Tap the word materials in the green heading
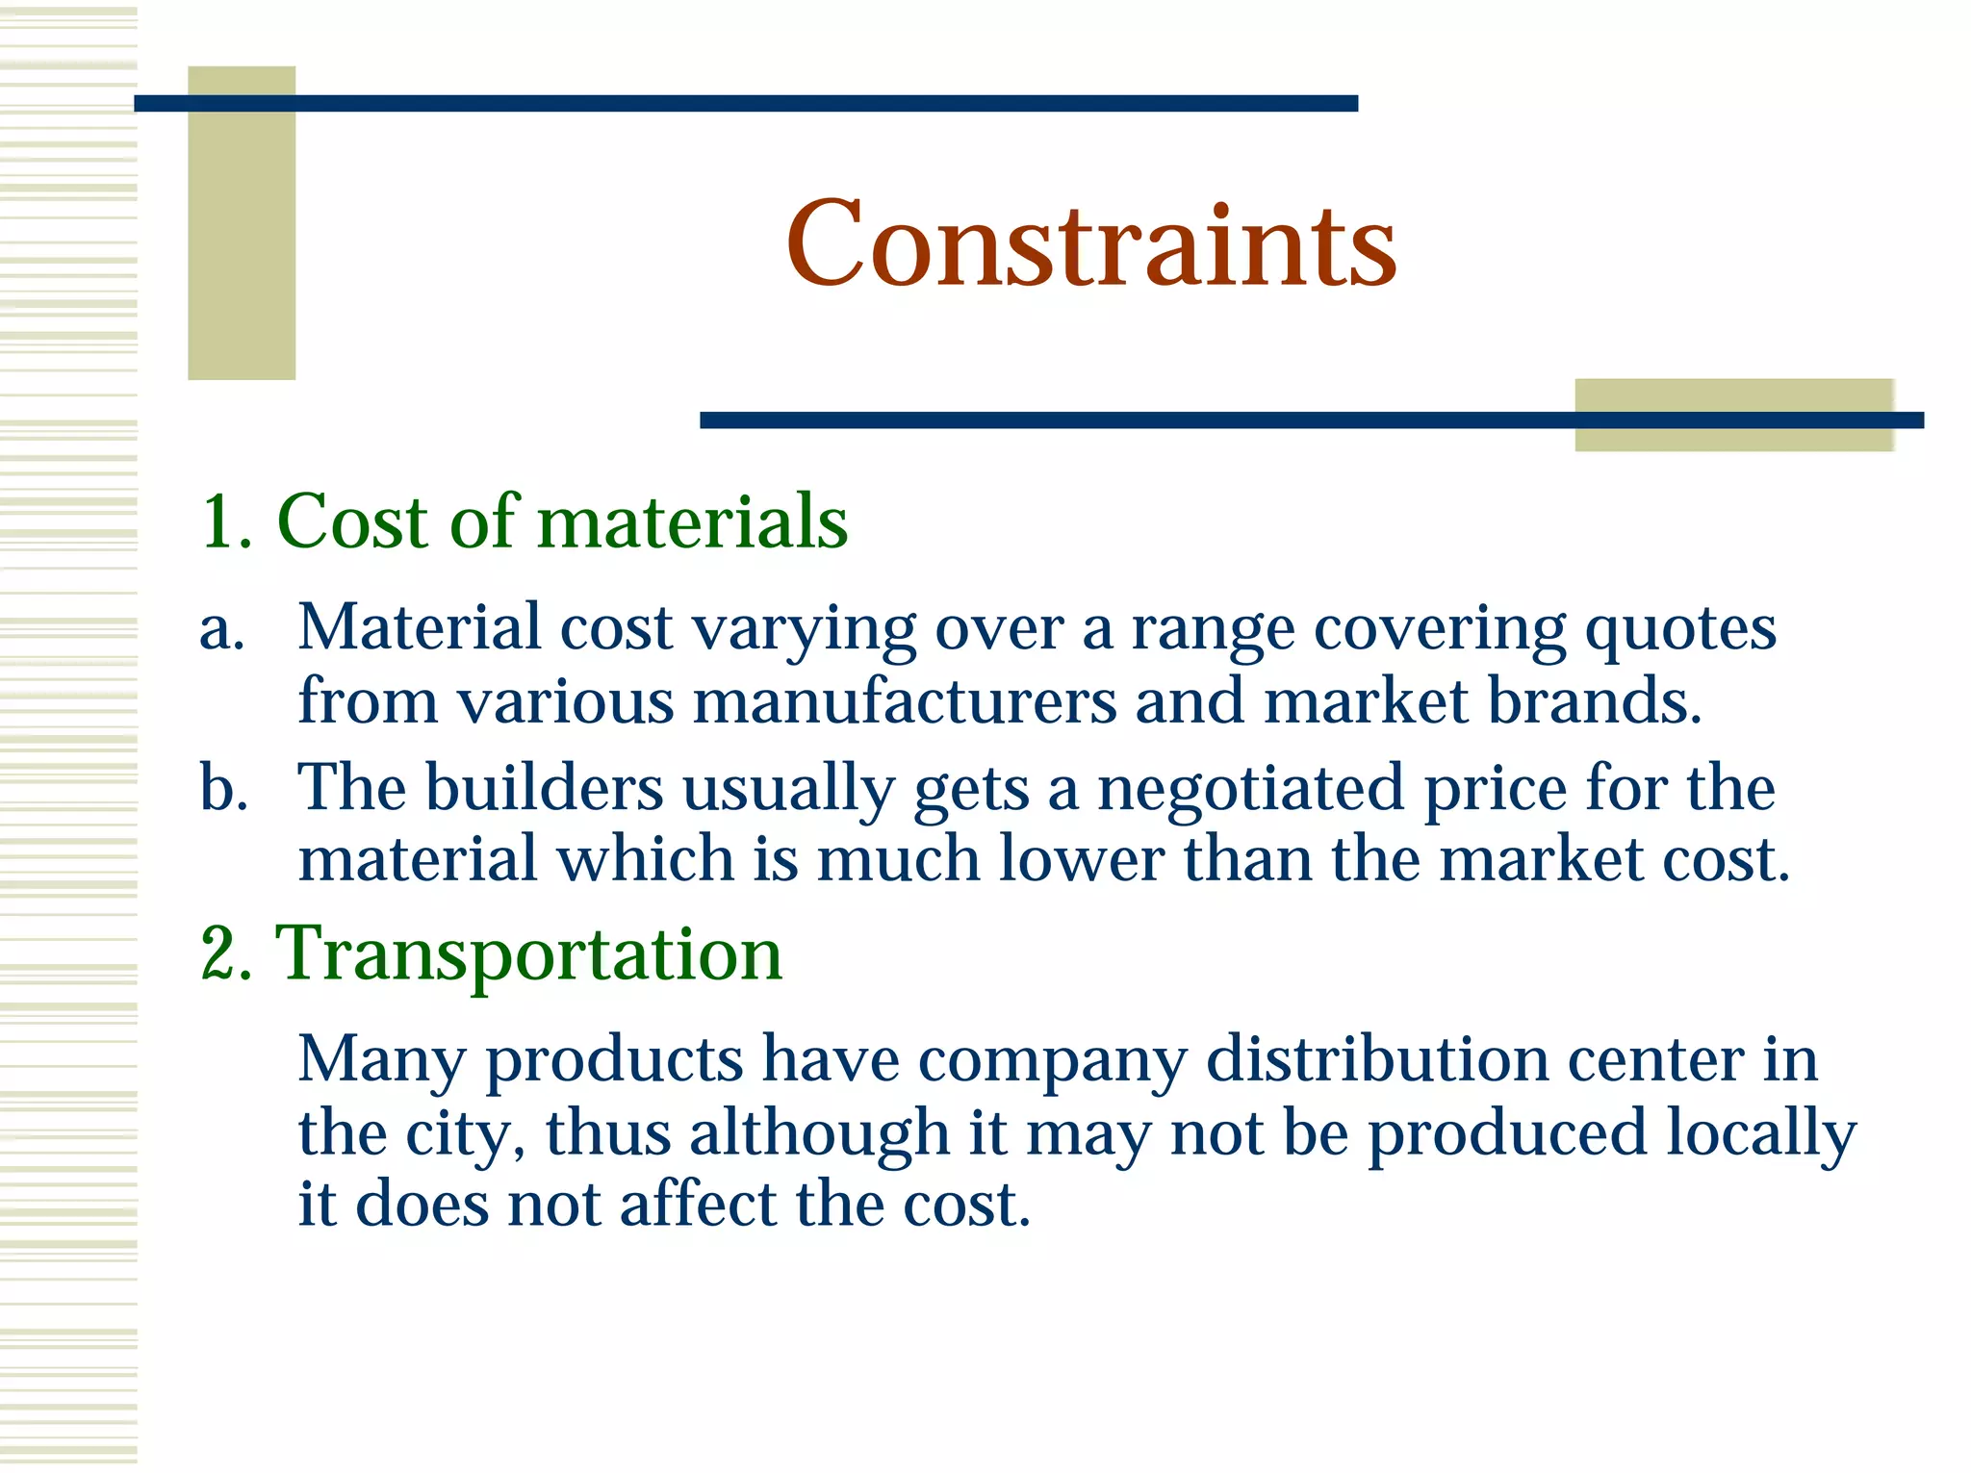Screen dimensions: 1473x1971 pyautogui.click(x=692, y=522)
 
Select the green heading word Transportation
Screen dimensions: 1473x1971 pyautogui.click(x=528, y=953)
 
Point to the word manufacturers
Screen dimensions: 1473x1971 pyautogui.click(x=905, y=700)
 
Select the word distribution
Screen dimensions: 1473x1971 pyautogui.click(x=1377, y=1060)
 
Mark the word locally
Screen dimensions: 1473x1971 pyautogui.click(x=1760, y=1133)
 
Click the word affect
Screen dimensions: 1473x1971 pyautogui.click(x=698, y=1205)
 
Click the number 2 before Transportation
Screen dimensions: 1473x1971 pyautogui.click(x=226, y=953)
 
